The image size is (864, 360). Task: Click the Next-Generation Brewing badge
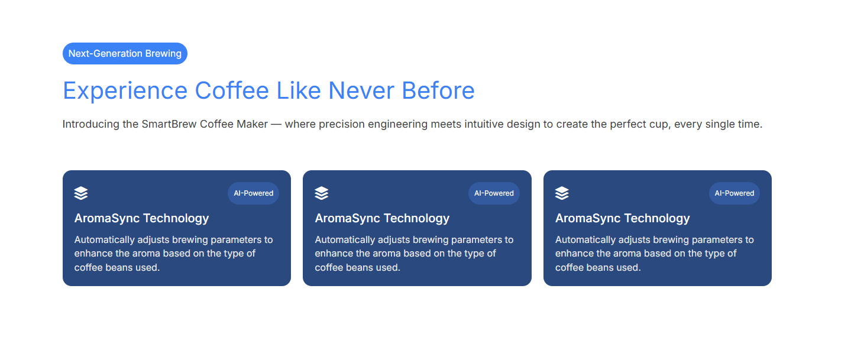[x=125, y=54]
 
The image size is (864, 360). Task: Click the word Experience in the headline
[x=125, y=92]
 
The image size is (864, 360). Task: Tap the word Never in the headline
[x=361, y=91]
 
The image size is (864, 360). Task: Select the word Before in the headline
[x=438, y=91]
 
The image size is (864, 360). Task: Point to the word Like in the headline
[x=299, y=91]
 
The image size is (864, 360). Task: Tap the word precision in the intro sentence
[x=342, y=125]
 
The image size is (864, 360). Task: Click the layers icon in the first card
[x=81, y=193]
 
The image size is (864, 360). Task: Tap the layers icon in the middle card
[x=321, y=193]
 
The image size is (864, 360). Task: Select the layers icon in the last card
[x=562, y=193]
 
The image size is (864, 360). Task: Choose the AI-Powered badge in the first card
[x=254, y=193]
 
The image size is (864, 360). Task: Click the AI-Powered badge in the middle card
[x=494, y=193]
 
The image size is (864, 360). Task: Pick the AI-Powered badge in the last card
[x=734, y=193]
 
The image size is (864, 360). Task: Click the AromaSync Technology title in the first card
[x=141, y=219]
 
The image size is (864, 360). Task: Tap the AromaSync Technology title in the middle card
[x=382, y=219]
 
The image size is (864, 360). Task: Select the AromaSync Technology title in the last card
[x=623, y=219]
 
